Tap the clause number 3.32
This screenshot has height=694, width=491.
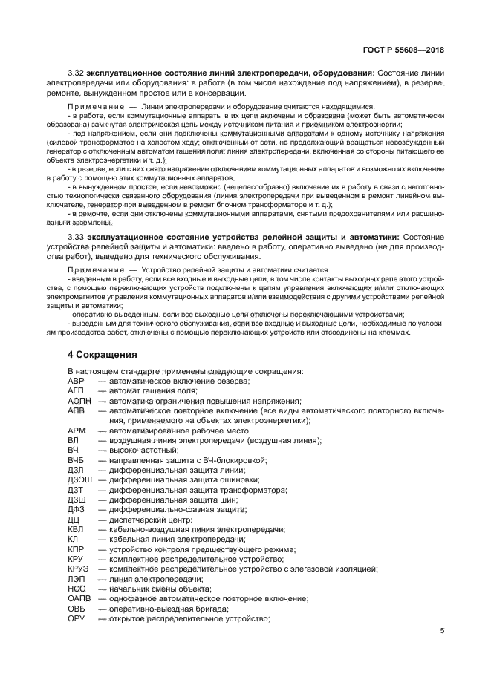click(x=76, y=74)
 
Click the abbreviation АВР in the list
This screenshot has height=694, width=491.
click(x=77, y=381)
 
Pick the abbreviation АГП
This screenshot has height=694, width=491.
click(x=77, y=390)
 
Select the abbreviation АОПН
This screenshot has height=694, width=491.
click(x=79, y=400)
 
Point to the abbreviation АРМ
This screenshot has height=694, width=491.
click(x=77, y=431)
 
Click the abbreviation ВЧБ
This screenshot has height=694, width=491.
click(x=77, y=460)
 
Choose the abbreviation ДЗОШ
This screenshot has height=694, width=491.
click(x=80, y=480)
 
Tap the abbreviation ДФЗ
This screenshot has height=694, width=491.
click(x=77, y=510)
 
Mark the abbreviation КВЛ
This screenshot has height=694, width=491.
click(x=77, y=530)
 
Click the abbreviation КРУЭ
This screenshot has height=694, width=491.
click(x=79, y=569)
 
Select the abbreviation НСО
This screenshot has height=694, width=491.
click(x=77, y=589)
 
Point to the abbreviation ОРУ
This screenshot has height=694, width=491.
click(x=77, y=619)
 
